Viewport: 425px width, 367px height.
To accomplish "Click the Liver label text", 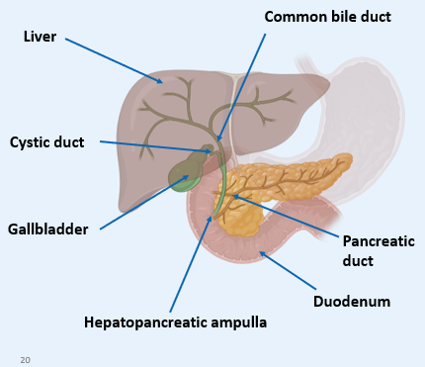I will tap(40, 37).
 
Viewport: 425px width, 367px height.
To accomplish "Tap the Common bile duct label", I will tap(326, 17).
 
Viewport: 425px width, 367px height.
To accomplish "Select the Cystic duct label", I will tap(46, 142).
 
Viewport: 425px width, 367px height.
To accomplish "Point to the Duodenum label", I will tap(351, 301).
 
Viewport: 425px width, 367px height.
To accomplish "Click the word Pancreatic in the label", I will tap(379, 241).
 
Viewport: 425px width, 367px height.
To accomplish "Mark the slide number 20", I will tap(25, 359).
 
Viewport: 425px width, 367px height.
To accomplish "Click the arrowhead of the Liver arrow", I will tap(161, 81).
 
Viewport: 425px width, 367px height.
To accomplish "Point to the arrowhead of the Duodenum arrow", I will tap(259, 253).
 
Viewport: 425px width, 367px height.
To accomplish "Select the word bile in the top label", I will tap(328, 17).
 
